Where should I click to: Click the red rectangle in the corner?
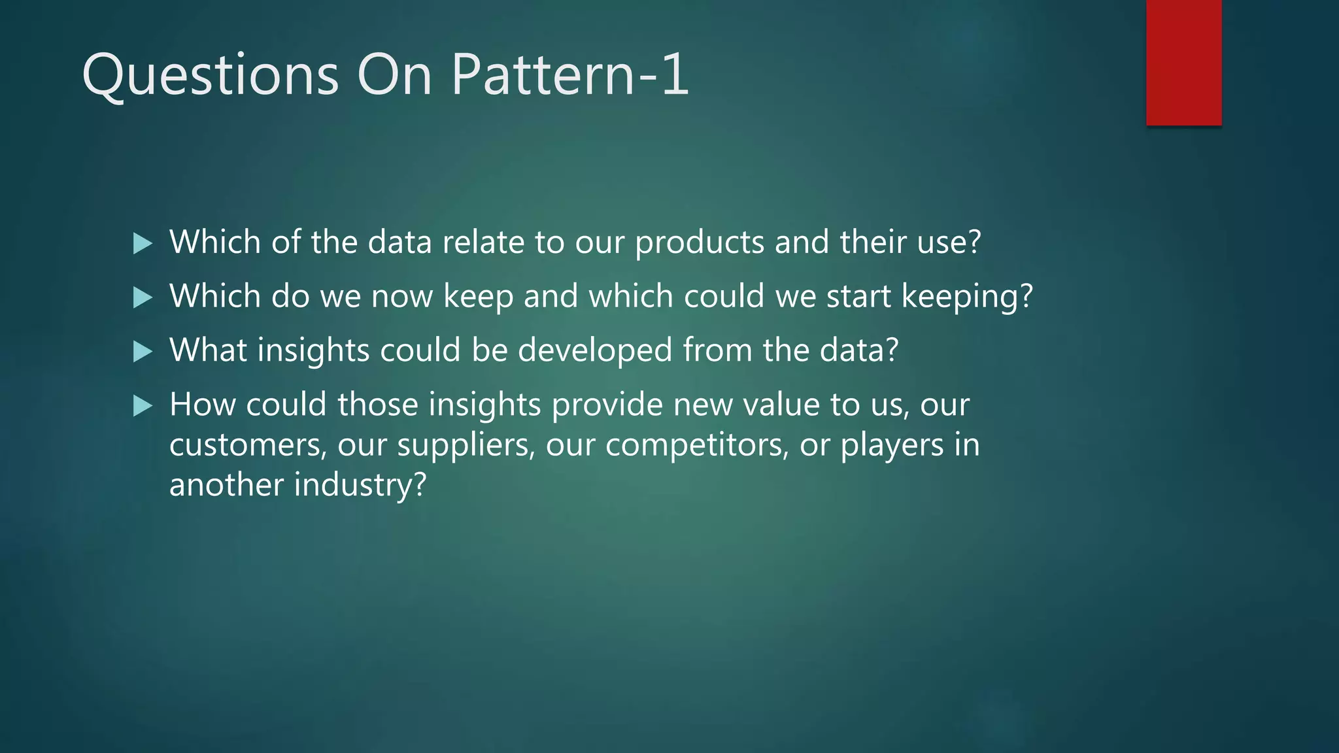1183,62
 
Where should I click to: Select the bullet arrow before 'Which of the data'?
142,244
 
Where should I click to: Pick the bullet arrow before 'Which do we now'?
142,298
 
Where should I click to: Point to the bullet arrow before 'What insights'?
142,352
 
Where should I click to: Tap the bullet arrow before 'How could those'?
142,407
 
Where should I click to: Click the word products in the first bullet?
700,243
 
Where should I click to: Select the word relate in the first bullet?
483,243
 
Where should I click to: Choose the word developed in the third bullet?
595,351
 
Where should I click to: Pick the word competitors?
697,446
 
